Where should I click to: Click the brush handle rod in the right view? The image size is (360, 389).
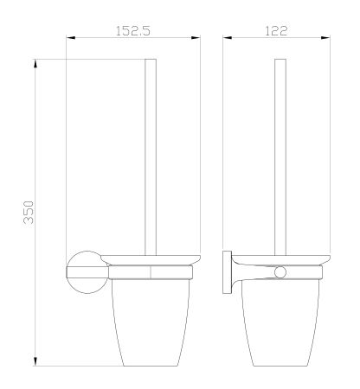pos(280,156)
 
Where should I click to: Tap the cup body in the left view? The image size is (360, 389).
pos(151,320)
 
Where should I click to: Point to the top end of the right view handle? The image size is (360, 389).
pos(280,61)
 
